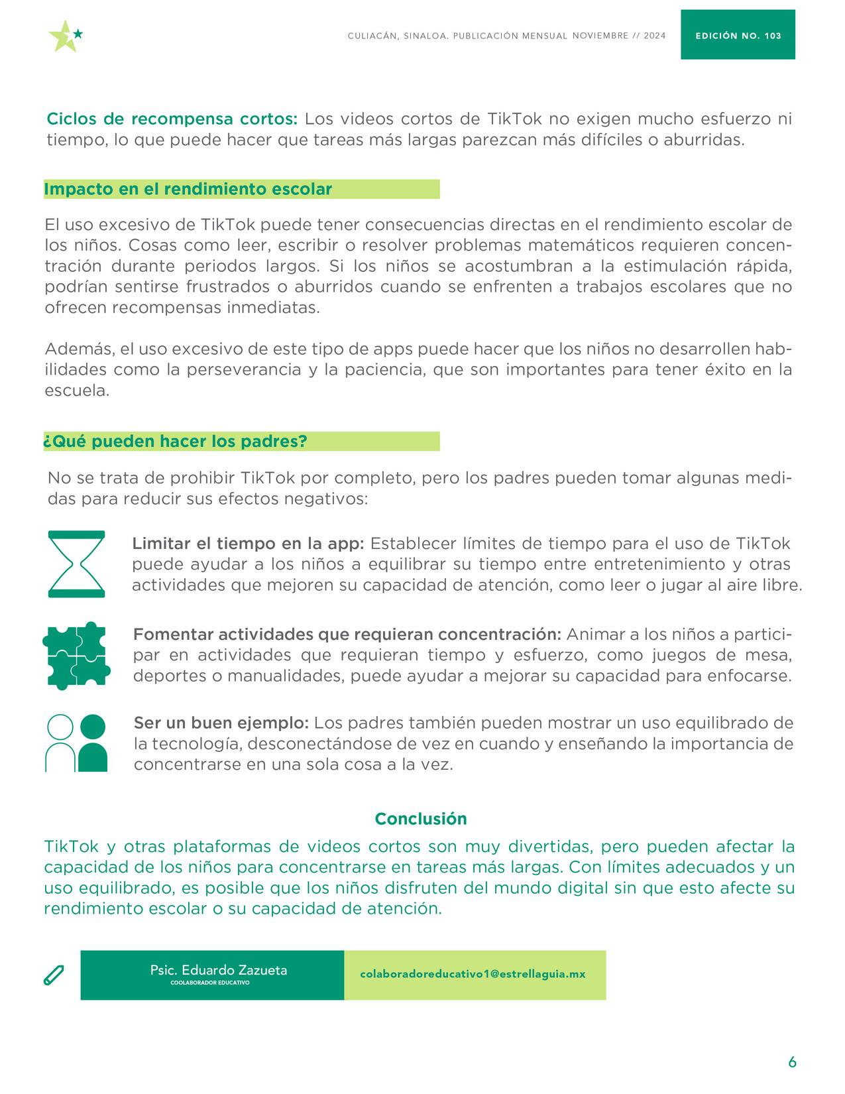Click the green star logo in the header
65,36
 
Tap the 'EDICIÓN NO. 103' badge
738,36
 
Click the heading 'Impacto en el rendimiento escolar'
188,189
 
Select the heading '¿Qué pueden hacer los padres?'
176,442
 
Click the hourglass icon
76,564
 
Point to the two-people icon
76,743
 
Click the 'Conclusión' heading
421,819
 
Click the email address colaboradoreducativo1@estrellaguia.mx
473,974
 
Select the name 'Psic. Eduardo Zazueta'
219,970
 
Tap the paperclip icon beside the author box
54,975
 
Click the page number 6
792,1062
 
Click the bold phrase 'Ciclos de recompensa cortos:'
172,119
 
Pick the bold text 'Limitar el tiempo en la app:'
248,544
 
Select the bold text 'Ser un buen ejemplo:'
221,723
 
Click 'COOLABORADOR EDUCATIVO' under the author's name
210,983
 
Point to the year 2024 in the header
654,36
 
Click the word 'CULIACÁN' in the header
372,36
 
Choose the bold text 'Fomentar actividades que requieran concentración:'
347,635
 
